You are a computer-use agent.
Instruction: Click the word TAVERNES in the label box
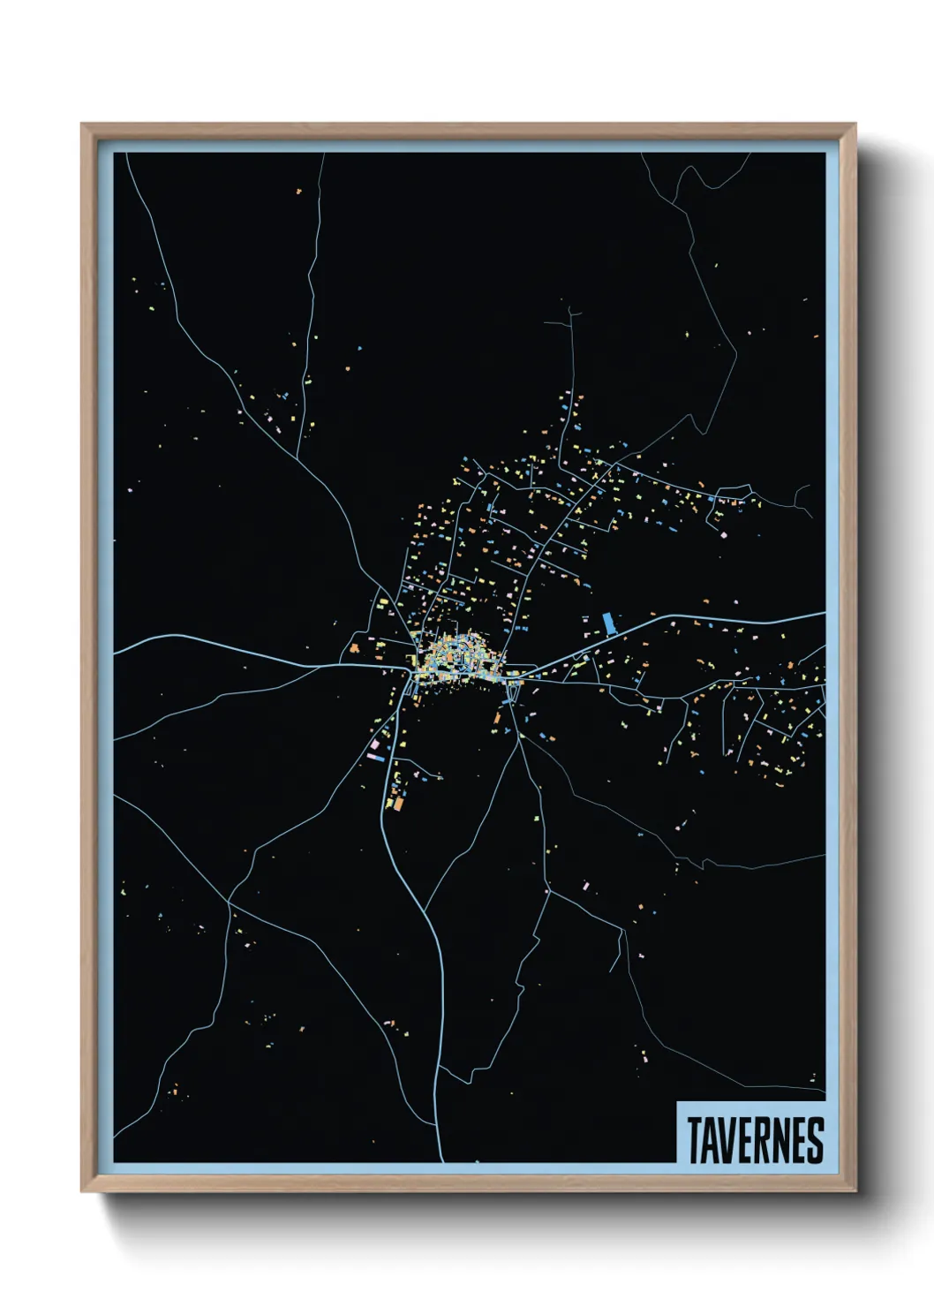pos(755,1140)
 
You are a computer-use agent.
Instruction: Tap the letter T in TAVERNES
pos(694,1140)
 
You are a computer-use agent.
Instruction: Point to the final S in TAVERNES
pos(816,1140)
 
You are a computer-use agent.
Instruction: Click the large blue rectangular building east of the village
pos(607,623)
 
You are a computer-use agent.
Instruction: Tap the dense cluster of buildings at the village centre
pos(457,658)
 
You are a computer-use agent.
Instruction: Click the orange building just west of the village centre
pos(354,649)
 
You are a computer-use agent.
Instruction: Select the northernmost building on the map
pos(298,190)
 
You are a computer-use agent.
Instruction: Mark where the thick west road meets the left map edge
pos(115,653)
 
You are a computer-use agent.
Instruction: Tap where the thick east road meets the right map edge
pos(825,613)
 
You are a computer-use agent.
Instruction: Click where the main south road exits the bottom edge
pos(441,1161)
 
